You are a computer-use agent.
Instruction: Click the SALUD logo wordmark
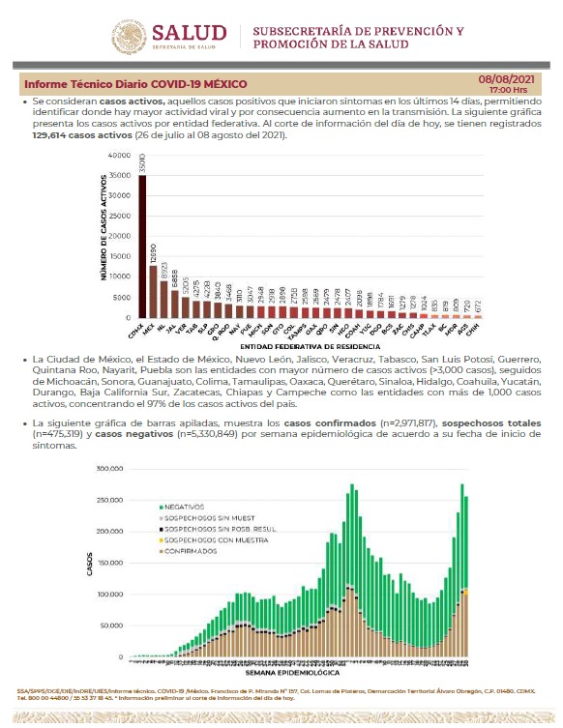point(189,34)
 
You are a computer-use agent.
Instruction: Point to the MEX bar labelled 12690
point(154,294)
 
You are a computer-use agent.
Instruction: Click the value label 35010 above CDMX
point(142,163)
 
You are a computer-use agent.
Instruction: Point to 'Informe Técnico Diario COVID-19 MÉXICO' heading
point(135,84)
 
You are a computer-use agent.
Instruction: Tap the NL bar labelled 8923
point(164,305)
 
